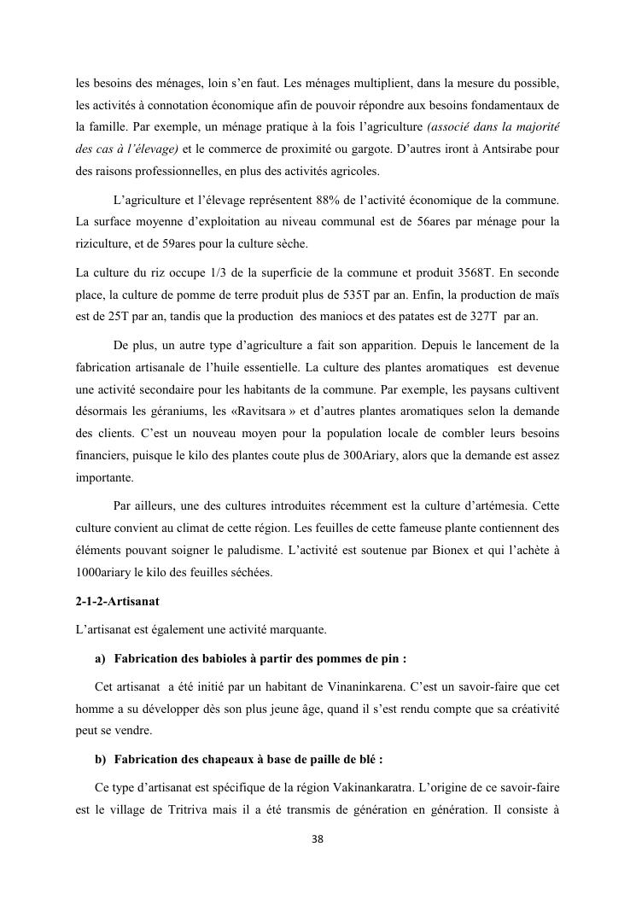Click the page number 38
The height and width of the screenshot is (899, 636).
tap(318, 839)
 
